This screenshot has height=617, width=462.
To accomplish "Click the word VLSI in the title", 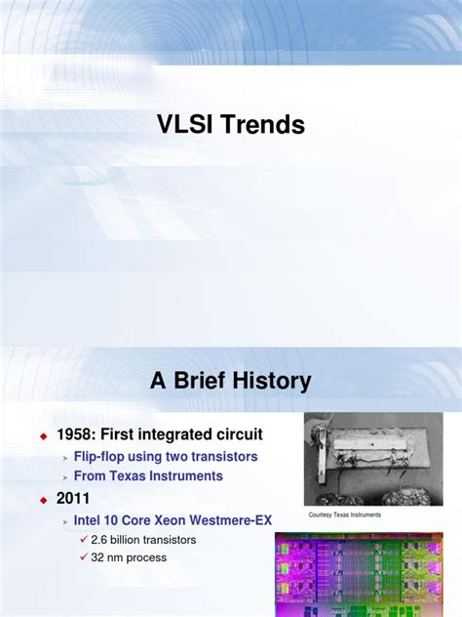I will tap(185, 126).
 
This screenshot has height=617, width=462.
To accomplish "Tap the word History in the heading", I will tap(265, 381).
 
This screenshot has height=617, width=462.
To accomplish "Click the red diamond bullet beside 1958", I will tap(43, 433).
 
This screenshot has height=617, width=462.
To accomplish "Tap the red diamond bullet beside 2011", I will tap(43, 500).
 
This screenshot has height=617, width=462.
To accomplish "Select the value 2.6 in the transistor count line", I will tap(101, 540).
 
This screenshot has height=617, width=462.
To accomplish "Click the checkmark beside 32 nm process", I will tap(83, 558).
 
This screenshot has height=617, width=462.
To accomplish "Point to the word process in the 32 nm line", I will tap(144, 558).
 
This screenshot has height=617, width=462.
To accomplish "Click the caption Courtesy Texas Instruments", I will tap(344, 515).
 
